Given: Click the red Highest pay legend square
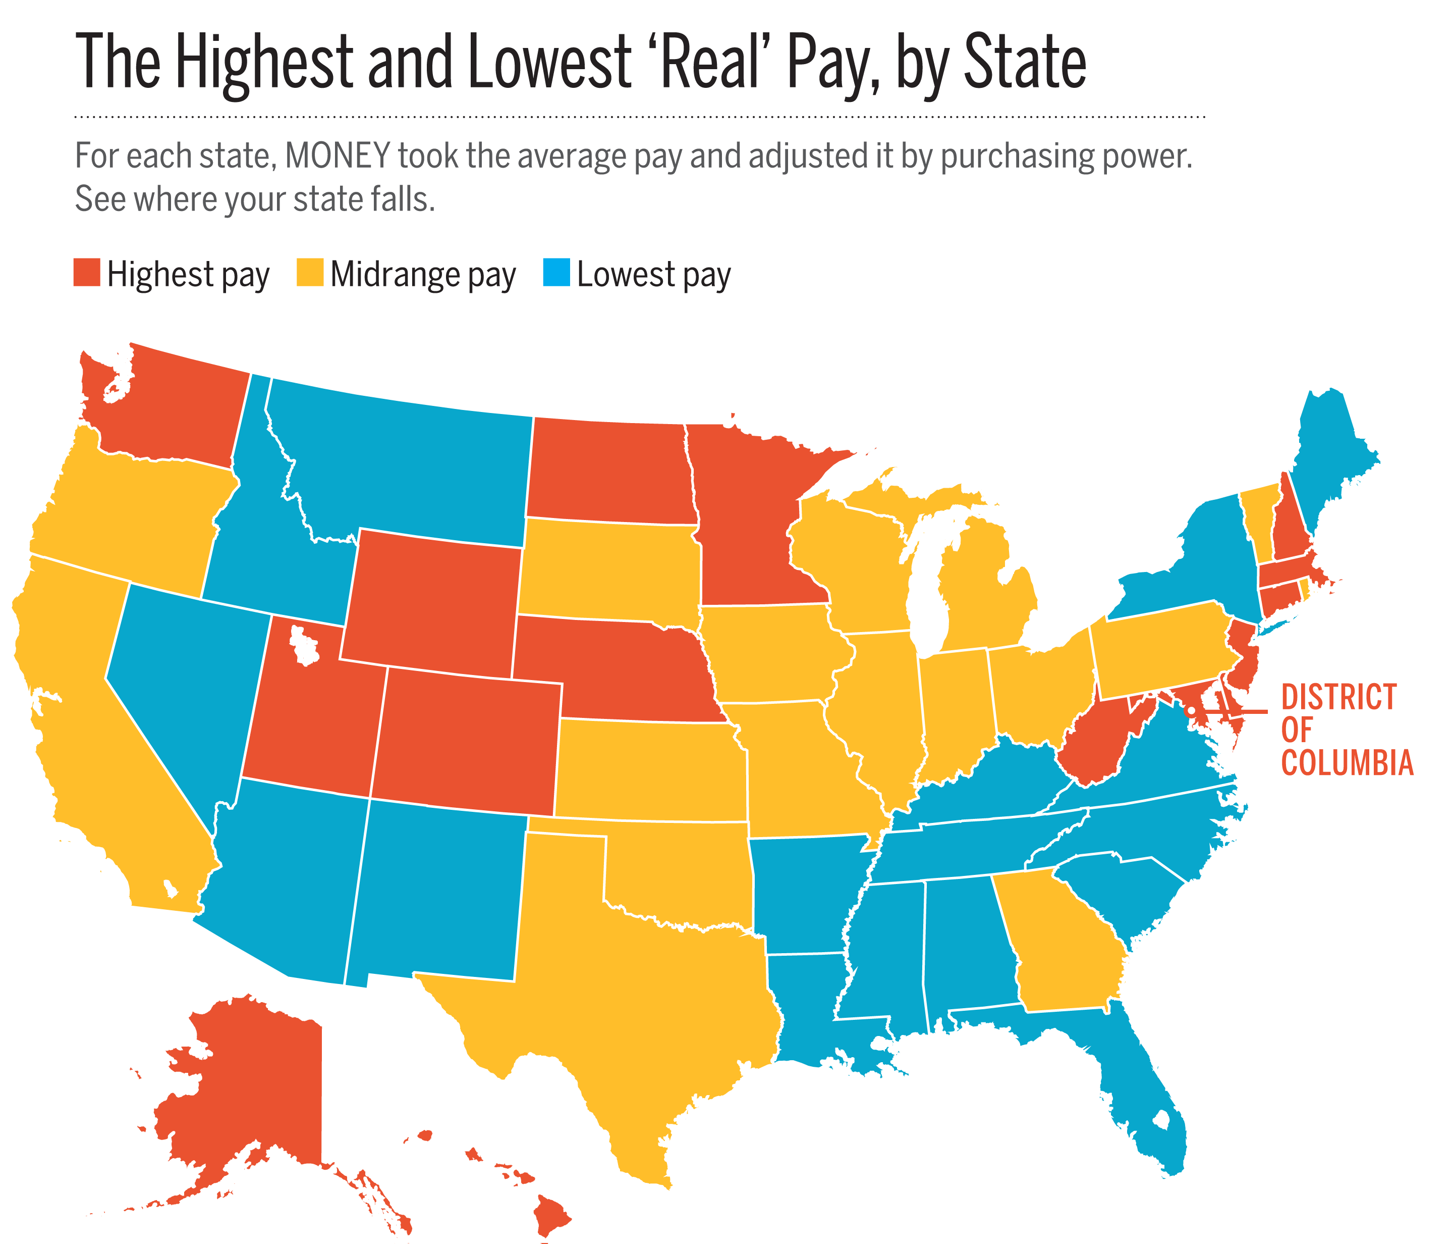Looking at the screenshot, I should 87,272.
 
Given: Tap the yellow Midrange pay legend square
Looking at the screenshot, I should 310,272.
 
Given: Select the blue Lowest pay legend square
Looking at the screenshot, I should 556,272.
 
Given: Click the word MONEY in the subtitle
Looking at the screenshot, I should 338,156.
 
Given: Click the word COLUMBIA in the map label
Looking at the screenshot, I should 1347,763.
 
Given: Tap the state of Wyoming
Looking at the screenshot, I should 435,603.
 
